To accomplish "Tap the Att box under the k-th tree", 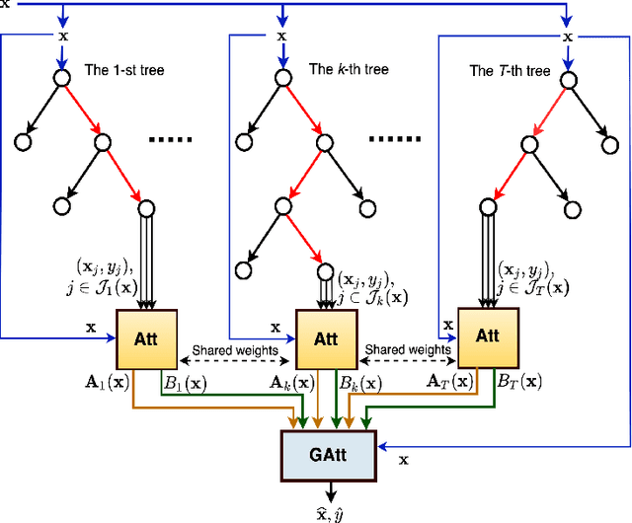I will coord(325,338).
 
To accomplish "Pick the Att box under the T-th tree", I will coord(487,335).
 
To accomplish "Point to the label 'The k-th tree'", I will coord(349,69).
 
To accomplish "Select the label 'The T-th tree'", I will coord(510,71).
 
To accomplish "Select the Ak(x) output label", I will coord(295,380).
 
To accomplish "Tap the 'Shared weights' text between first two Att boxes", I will coord(235,349).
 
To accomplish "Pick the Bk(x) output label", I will coord(363,380).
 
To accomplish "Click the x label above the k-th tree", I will coord(281,37).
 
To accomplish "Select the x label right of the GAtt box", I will coord(404,460).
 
